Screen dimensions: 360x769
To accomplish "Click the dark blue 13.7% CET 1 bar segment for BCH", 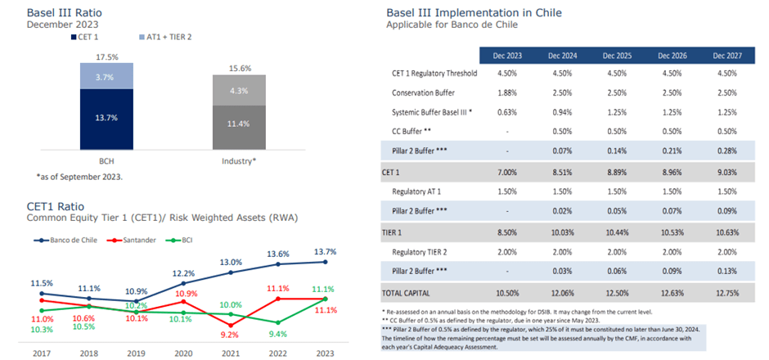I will pyautogui.click(x=107, y=118).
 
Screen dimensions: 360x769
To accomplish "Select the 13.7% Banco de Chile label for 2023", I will pyautogui.click(x=325, y=251).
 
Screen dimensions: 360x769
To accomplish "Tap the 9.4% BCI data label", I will pyautogui.click(x=279, y=333).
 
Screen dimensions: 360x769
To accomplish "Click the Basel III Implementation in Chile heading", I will pyautogui.click(x=473, y=13).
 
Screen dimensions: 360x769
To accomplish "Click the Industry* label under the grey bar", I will pyautogui.click(x=239, y=161).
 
